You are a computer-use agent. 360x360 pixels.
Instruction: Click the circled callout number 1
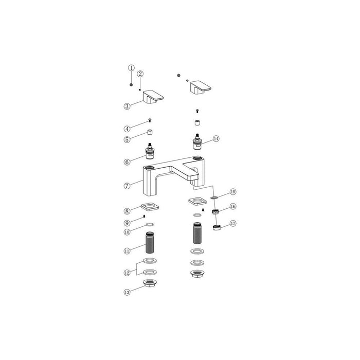[x=131, y=68]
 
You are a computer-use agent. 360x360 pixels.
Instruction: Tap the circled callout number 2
[x=140, y=74]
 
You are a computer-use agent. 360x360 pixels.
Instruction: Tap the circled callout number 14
[x=216, y=139]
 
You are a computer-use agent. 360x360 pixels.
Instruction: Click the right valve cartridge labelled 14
[x=196, y=144]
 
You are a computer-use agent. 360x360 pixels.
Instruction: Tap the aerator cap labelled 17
[x=217, y=226]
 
